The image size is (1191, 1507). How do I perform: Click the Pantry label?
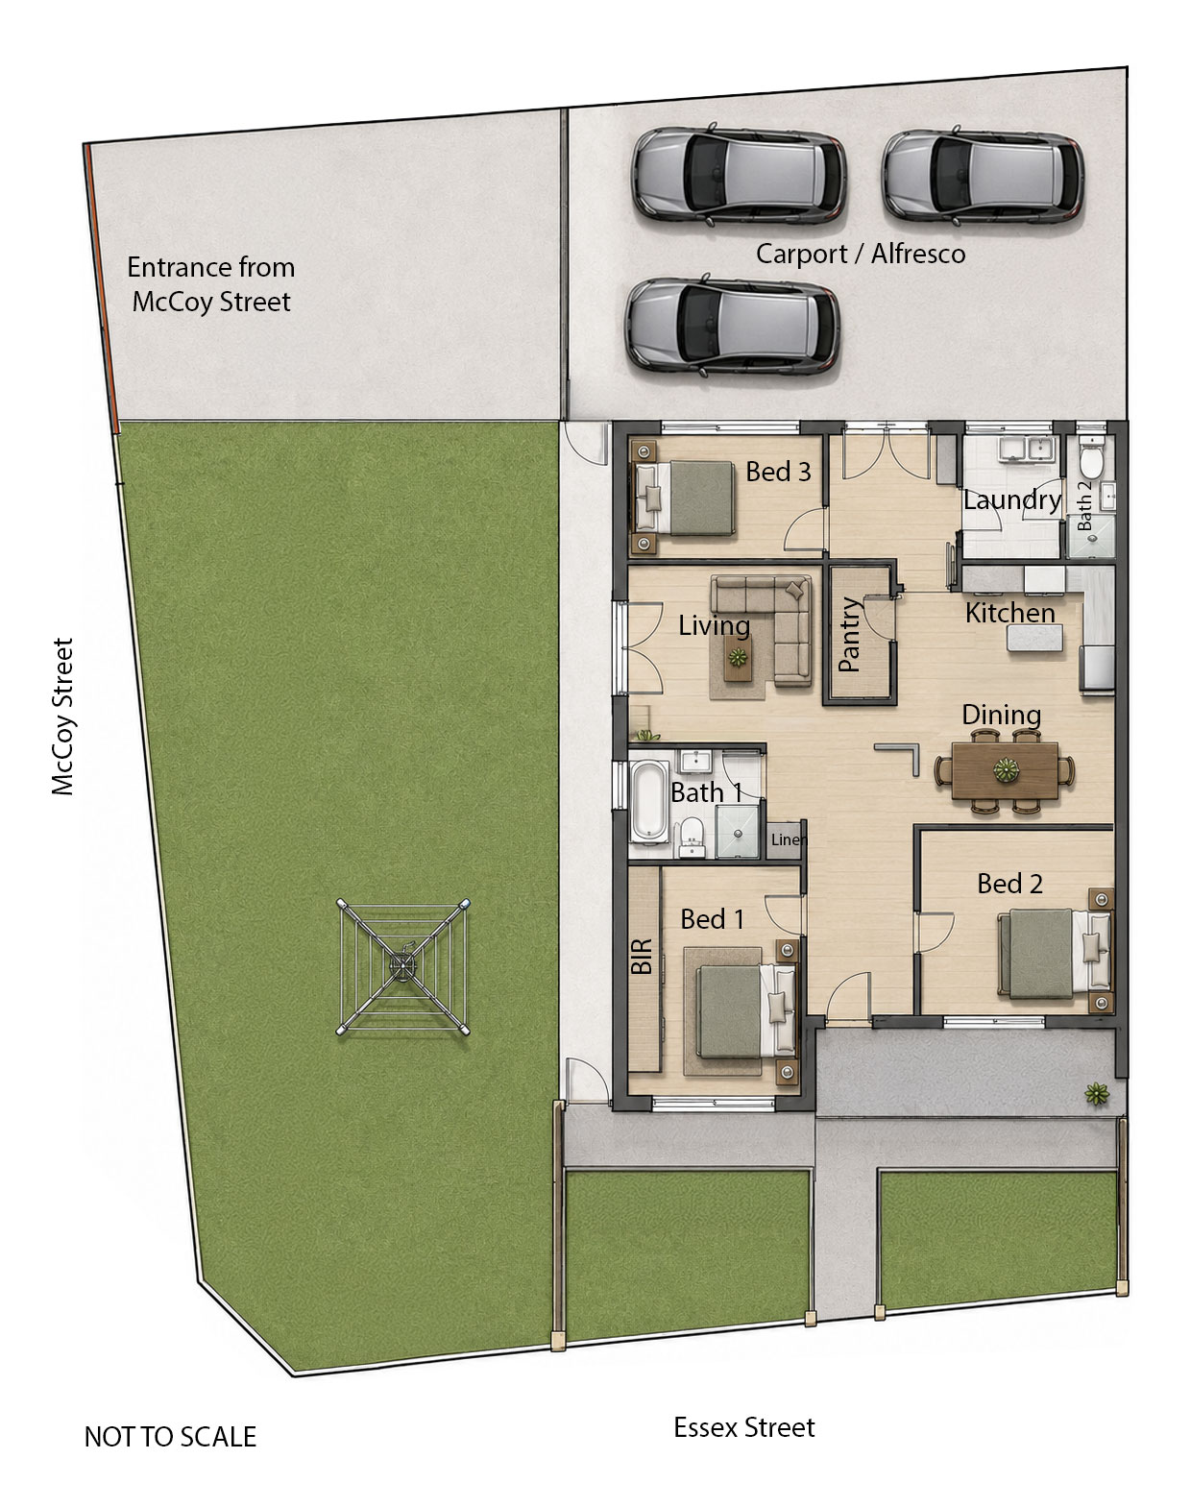849,635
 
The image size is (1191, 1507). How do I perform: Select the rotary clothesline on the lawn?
403,967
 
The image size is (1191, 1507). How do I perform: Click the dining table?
1005,770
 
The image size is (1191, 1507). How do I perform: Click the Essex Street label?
744,1427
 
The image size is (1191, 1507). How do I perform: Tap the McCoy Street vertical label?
62,717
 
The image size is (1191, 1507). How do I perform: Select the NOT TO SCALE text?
170,1437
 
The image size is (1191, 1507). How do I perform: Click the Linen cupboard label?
787,839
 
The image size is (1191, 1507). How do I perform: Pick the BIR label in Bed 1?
642,957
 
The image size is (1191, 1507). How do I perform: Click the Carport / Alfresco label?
861,254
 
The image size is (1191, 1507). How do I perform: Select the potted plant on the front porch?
1097,1093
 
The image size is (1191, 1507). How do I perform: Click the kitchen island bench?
1034,638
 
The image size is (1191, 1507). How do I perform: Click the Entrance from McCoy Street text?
210,284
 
